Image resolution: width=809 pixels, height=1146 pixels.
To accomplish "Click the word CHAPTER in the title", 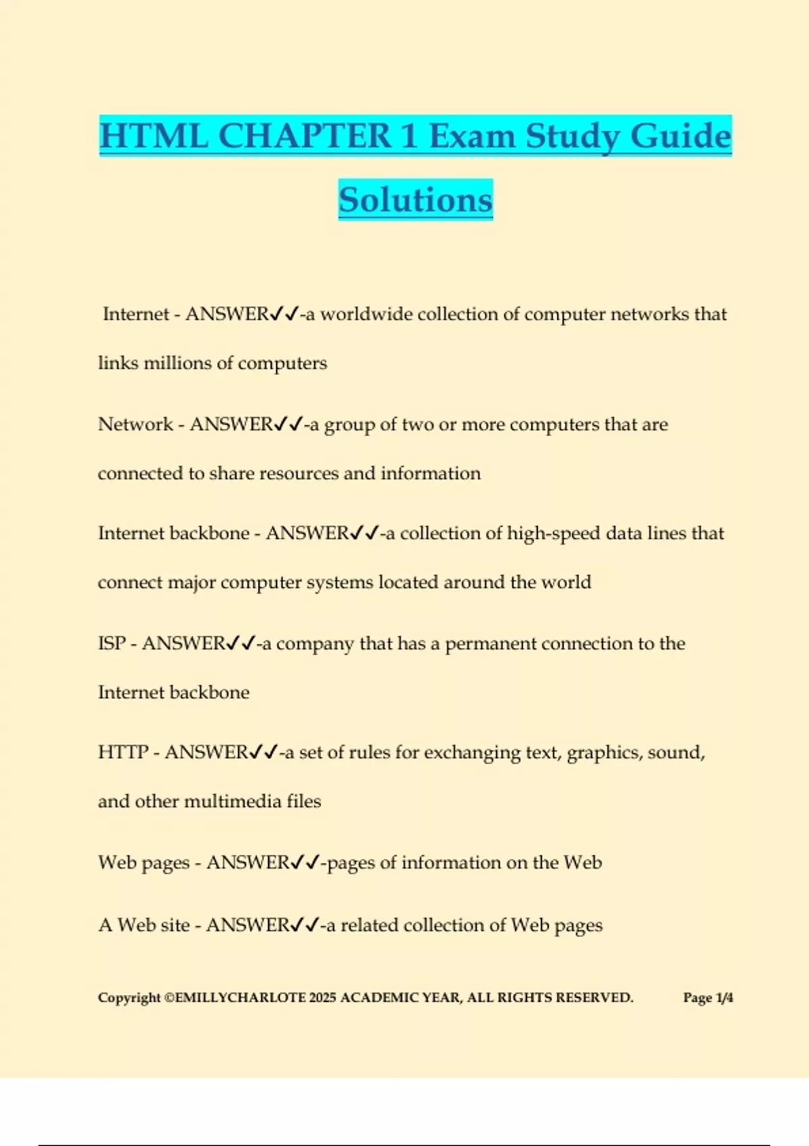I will coord(305,136).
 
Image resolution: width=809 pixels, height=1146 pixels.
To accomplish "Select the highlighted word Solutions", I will coord(415,200).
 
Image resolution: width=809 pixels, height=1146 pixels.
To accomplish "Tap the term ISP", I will coord(112,644).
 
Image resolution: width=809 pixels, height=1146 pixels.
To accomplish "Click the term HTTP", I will coord(123,752).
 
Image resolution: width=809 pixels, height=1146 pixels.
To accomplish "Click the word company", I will coord(315,644).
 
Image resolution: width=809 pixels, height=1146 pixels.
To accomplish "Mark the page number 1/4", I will coord(724,998).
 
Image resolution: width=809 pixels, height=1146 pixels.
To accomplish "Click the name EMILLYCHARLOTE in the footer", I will coord(240,998).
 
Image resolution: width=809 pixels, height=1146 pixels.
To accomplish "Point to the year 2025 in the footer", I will coord(322,998).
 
